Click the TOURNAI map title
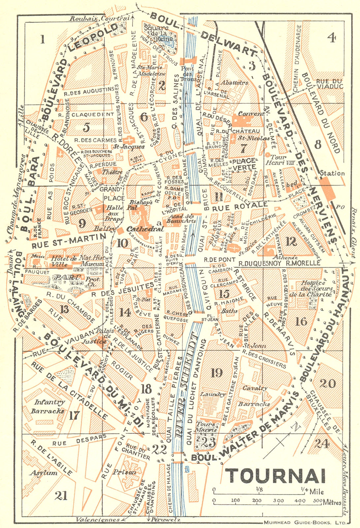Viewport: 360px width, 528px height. [x=276, y=476]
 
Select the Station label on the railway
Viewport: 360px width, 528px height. [x=332, y=173]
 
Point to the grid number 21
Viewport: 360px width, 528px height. [x=61, y=495]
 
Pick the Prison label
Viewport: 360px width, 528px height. [x=124, y=472]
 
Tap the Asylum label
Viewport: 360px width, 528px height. [x=44, y=473]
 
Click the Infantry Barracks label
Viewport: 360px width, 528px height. [x=48, y=406]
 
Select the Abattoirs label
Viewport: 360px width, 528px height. [x=234, y=83]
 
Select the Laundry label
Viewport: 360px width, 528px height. [x=213, y=394]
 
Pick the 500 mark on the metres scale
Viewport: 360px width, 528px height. [x=317, y=500]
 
